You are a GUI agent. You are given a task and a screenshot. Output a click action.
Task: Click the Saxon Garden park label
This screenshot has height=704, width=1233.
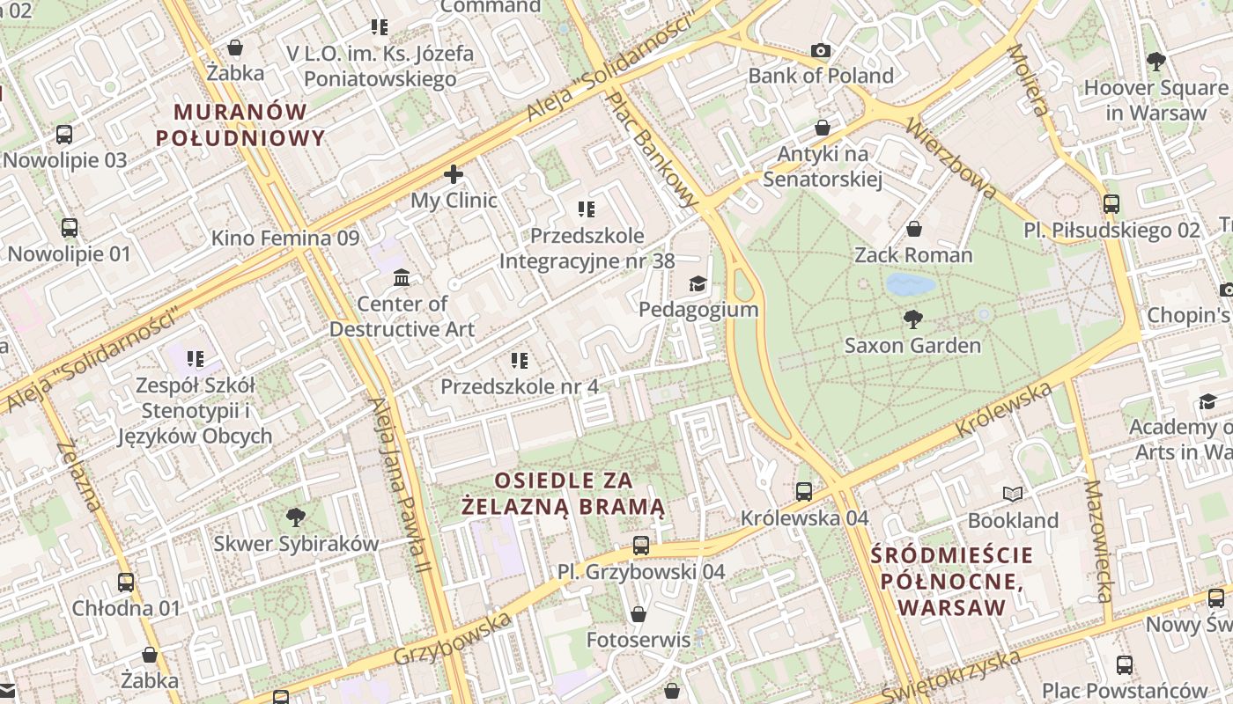coord(912,345)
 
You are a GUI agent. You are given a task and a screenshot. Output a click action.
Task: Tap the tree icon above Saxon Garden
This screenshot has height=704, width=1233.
coord(912,319)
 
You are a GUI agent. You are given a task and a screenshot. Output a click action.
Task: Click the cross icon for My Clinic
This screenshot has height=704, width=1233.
coord(454,174)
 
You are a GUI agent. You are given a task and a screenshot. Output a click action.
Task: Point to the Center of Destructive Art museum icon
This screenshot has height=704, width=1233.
coord(402,278)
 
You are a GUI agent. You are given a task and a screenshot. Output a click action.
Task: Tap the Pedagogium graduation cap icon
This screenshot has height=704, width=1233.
coord(698,283)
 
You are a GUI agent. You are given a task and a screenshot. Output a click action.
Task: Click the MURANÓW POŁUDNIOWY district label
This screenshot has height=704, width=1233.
coord(240,125)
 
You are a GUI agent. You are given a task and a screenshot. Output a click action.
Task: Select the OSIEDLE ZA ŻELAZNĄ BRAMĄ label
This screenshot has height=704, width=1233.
coord(564,494)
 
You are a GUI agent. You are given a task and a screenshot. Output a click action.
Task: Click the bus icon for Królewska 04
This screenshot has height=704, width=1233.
coord(804,492)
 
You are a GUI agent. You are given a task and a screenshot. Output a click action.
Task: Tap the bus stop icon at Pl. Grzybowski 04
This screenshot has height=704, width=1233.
coord(641,546)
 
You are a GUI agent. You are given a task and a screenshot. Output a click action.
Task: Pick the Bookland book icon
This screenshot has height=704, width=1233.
coord(1013,495)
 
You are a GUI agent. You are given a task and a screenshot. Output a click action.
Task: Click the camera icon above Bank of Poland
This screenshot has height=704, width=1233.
coord(821,50)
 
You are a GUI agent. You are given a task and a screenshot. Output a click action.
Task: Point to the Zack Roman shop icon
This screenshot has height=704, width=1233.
coord(914,230)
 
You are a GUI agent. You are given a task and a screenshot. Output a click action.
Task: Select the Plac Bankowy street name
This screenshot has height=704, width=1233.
coord(653,150)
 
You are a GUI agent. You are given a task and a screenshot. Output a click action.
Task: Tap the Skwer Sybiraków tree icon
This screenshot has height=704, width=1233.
coord(296,517)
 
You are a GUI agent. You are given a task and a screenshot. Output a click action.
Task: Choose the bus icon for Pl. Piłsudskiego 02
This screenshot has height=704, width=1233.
coord(1111,204)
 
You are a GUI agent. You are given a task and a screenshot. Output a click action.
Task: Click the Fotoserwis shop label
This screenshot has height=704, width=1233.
coord(639,640)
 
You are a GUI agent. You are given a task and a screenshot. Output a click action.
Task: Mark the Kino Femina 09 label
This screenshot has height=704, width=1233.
coord(285,238)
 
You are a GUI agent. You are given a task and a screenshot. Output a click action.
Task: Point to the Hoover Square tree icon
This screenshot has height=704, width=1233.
coord(1155,62)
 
